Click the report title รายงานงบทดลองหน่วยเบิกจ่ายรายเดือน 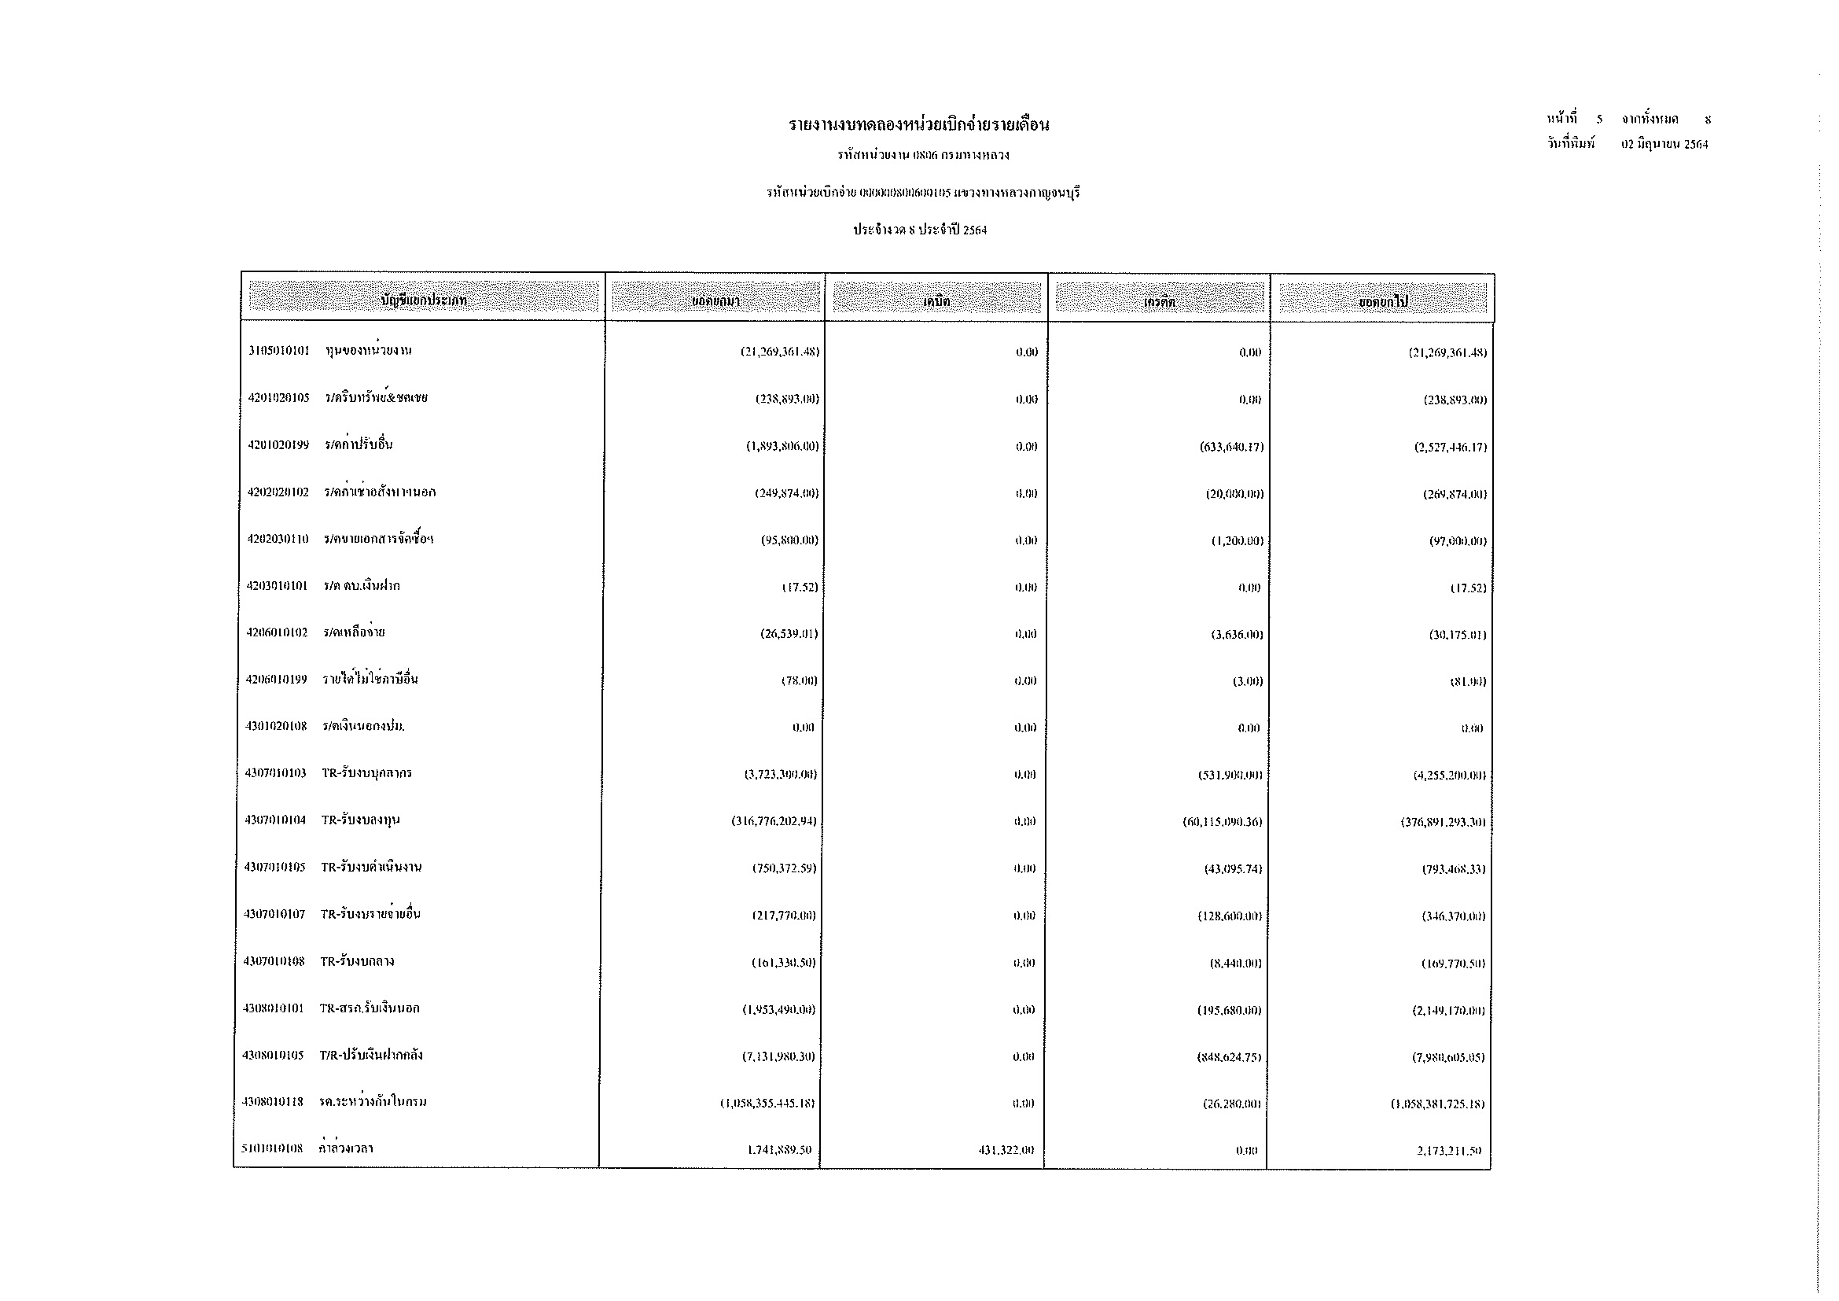tap(918, 125)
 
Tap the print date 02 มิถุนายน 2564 tap(1664, 145)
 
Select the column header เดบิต tap(936, 301)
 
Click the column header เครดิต tap(1159, 301)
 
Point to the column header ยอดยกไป tap(1382, 301)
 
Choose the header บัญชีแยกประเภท tap(424, 300)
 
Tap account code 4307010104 tap(275, 820)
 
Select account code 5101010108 tap(272, 1148)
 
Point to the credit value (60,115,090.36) tap(1223, 822)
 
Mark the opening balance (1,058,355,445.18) tap(767, 1103)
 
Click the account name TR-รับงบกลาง tap(357, 961)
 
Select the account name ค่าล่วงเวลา tap(345, 1148)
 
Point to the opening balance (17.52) tap(800, 588)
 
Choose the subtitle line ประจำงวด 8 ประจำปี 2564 tap(920, 230)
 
